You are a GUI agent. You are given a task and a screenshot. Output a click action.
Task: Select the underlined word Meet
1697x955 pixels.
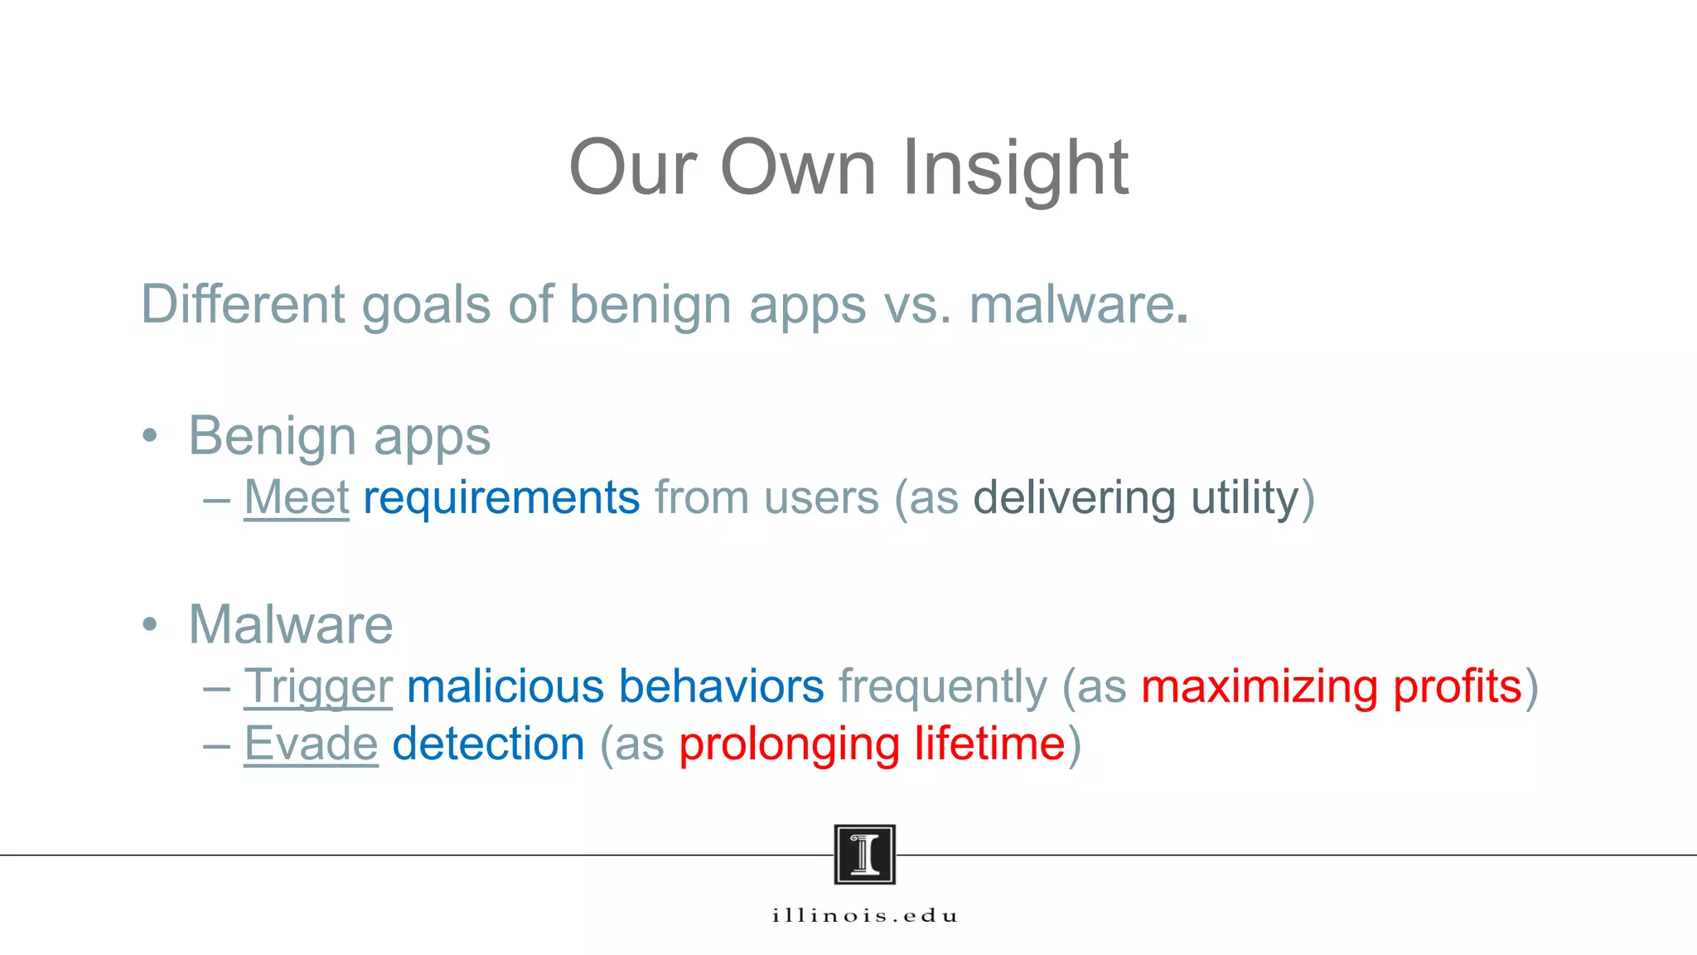pos(297,498)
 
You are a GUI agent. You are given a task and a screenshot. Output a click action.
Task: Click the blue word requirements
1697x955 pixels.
pos(501,498)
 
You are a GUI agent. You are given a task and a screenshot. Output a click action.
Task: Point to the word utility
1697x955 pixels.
pos(1245,498)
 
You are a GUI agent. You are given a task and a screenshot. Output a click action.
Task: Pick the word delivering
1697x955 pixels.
pos(1074,498)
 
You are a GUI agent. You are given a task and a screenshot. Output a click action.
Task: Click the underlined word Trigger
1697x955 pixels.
pos(318,687)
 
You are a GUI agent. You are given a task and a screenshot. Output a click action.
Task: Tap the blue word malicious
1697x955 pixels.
pos(505,686)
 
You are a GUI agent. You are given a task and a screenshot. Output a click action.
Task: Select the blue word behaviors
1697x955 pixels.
pos(721,686)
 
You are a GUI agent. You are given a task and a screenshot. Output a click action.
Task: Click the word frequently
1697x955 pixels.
pos(943,687)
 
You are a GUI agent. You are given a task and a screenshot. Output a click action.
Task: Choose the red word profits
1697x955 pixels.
pos(1458,686)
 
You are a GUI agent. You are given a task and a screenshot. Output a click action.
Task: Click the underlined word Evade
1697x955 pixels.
pos(311,744)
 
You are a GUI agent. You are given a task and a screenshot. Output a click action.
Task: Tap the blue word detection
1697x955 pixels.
pos(488,744)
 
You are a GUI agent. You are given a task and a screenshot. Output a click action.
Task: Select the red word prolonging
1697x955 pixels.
pos(789,744)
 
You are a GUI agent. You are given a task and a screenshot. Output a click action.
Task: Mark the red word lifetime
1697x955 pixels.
pos(989,744)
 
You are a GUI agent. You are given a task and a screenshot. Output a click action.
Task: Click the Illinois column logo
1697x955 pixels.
pos(864,854)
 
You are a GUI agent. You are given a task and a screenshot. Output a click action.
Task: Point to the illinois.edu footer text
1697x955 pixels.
pos(864,916)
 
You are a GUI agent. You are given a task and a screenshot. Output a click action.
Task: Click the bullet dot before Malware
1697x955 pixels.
pos(149,624)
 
